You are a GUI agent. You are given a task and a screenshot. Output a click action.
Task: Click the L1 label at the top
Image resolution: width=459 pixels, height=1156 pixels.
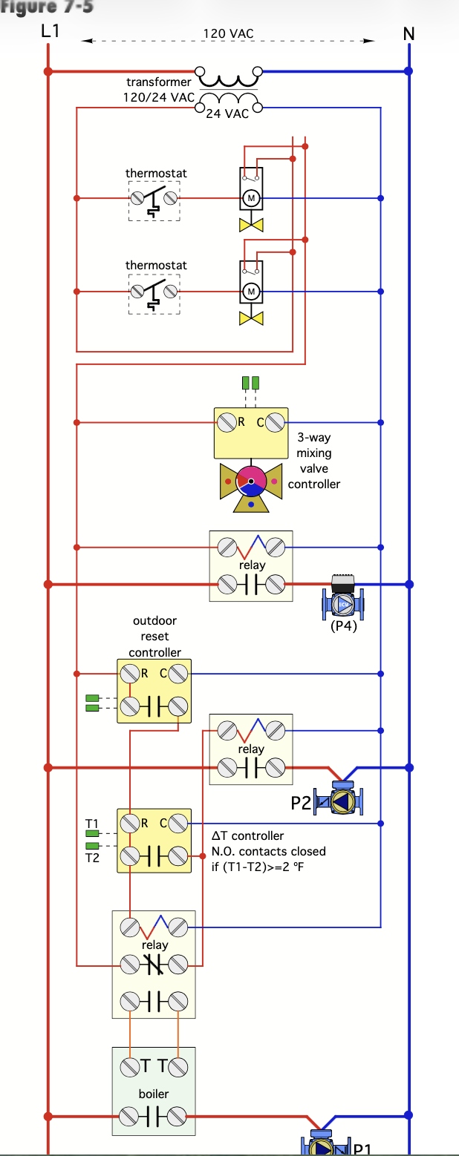51,32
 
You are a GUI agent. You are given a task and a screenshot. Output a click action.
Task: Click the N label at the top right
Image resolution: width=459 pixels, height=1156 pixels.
408,34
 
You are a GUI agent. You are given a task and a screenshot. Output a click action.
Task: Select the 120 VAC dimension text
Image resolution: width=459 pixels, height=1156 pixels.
228,33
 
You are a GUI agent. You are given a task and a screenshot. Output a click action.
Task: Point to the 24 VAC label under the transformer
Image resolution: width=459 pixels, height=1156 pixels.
227,114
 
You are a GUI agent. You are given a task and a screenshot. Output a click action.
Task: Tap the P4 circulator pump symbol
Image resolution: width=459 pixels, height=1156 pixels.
342,603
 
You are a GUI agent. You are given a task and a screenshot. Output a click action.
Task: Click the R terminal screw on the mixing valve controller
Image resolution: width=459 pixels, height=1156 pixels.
226,423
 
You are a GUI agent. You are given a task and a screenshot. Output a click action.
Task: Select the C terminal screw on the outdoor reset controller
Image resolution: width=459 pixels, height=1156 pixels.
178,674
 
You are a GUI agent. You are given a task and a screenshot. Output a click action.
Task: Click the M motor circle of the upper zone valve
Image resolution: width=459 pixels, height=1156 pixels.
251,198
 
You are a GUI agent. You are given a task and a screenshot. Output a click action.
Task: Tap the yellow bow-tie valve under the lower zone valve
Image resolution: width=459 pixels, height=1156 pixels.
251,318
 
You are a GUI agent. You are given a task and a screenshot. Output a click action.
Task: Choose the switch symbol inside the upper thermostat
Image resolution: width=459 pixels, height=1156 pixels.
154,199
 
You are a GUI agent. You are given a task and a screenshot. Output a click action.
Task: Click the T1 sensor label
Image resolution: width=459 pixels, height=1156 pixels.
91,824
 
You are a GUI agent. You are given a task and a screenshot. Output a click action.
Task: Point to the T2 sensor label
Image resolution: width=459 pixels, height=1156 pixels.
91,857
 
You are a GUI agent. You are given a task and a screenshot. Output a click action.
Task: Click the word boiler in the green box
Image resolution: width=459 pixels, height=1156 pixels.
154,1094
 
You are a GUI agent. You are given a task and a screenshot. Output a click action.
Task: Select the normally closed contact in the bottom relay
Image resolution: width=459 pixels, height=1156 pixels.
154,965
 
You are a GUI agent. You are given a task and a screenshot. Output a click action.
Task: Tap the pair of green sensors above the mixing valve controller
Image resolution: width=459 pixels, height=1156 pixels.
251,383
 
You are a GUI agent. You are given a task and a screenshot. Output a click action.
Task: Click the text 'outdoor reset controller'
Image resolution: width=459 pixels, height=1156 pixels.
154,637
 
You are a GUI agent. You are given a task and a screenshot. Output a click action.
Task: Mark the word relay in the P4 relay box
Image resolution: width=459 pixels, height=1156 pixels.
252,565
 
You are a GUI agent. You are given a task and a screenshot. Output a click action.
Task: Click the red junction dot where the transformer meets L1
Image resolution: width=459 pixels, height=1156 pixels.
48,71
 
